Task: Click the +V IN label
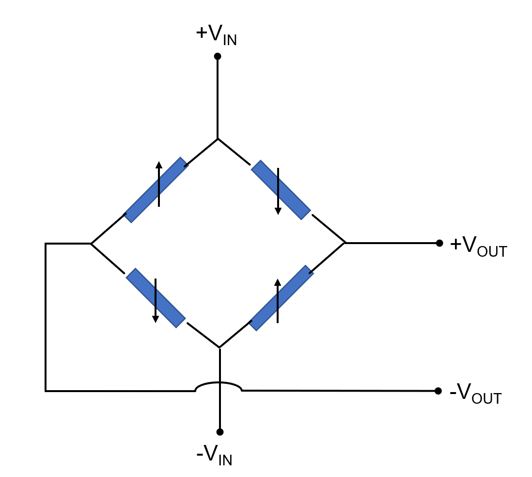pos(216,35)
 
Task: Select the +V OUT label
pos(478,247)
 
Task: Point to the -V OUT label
pos(475,394)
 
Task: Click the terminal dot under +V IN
pos(218,56)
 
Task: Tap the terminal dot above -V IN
pos(220,432)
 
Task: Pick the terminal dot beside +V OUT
pos(439,243)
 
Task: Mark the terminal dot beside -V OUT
pos(438,391)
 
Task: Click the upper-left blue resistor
pos(156,190)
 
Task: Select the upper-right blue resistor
pos(281,190)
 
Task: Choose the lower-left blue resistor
pos(156,298)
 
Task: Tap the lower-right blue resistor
pos(282,298)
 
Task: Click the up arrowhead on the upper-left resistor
pos(159,165)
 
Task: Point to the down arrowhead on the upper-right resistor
pos(278,211)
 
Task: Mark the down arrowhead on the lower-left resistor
pos(156,319)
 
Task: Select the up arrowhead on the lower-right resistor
pos(278,282)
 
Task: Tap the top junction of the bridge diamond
pos(218,139)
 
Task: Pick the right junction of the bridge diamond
pos(345,243)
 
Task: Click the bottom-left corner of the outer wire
pos(46,391)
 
